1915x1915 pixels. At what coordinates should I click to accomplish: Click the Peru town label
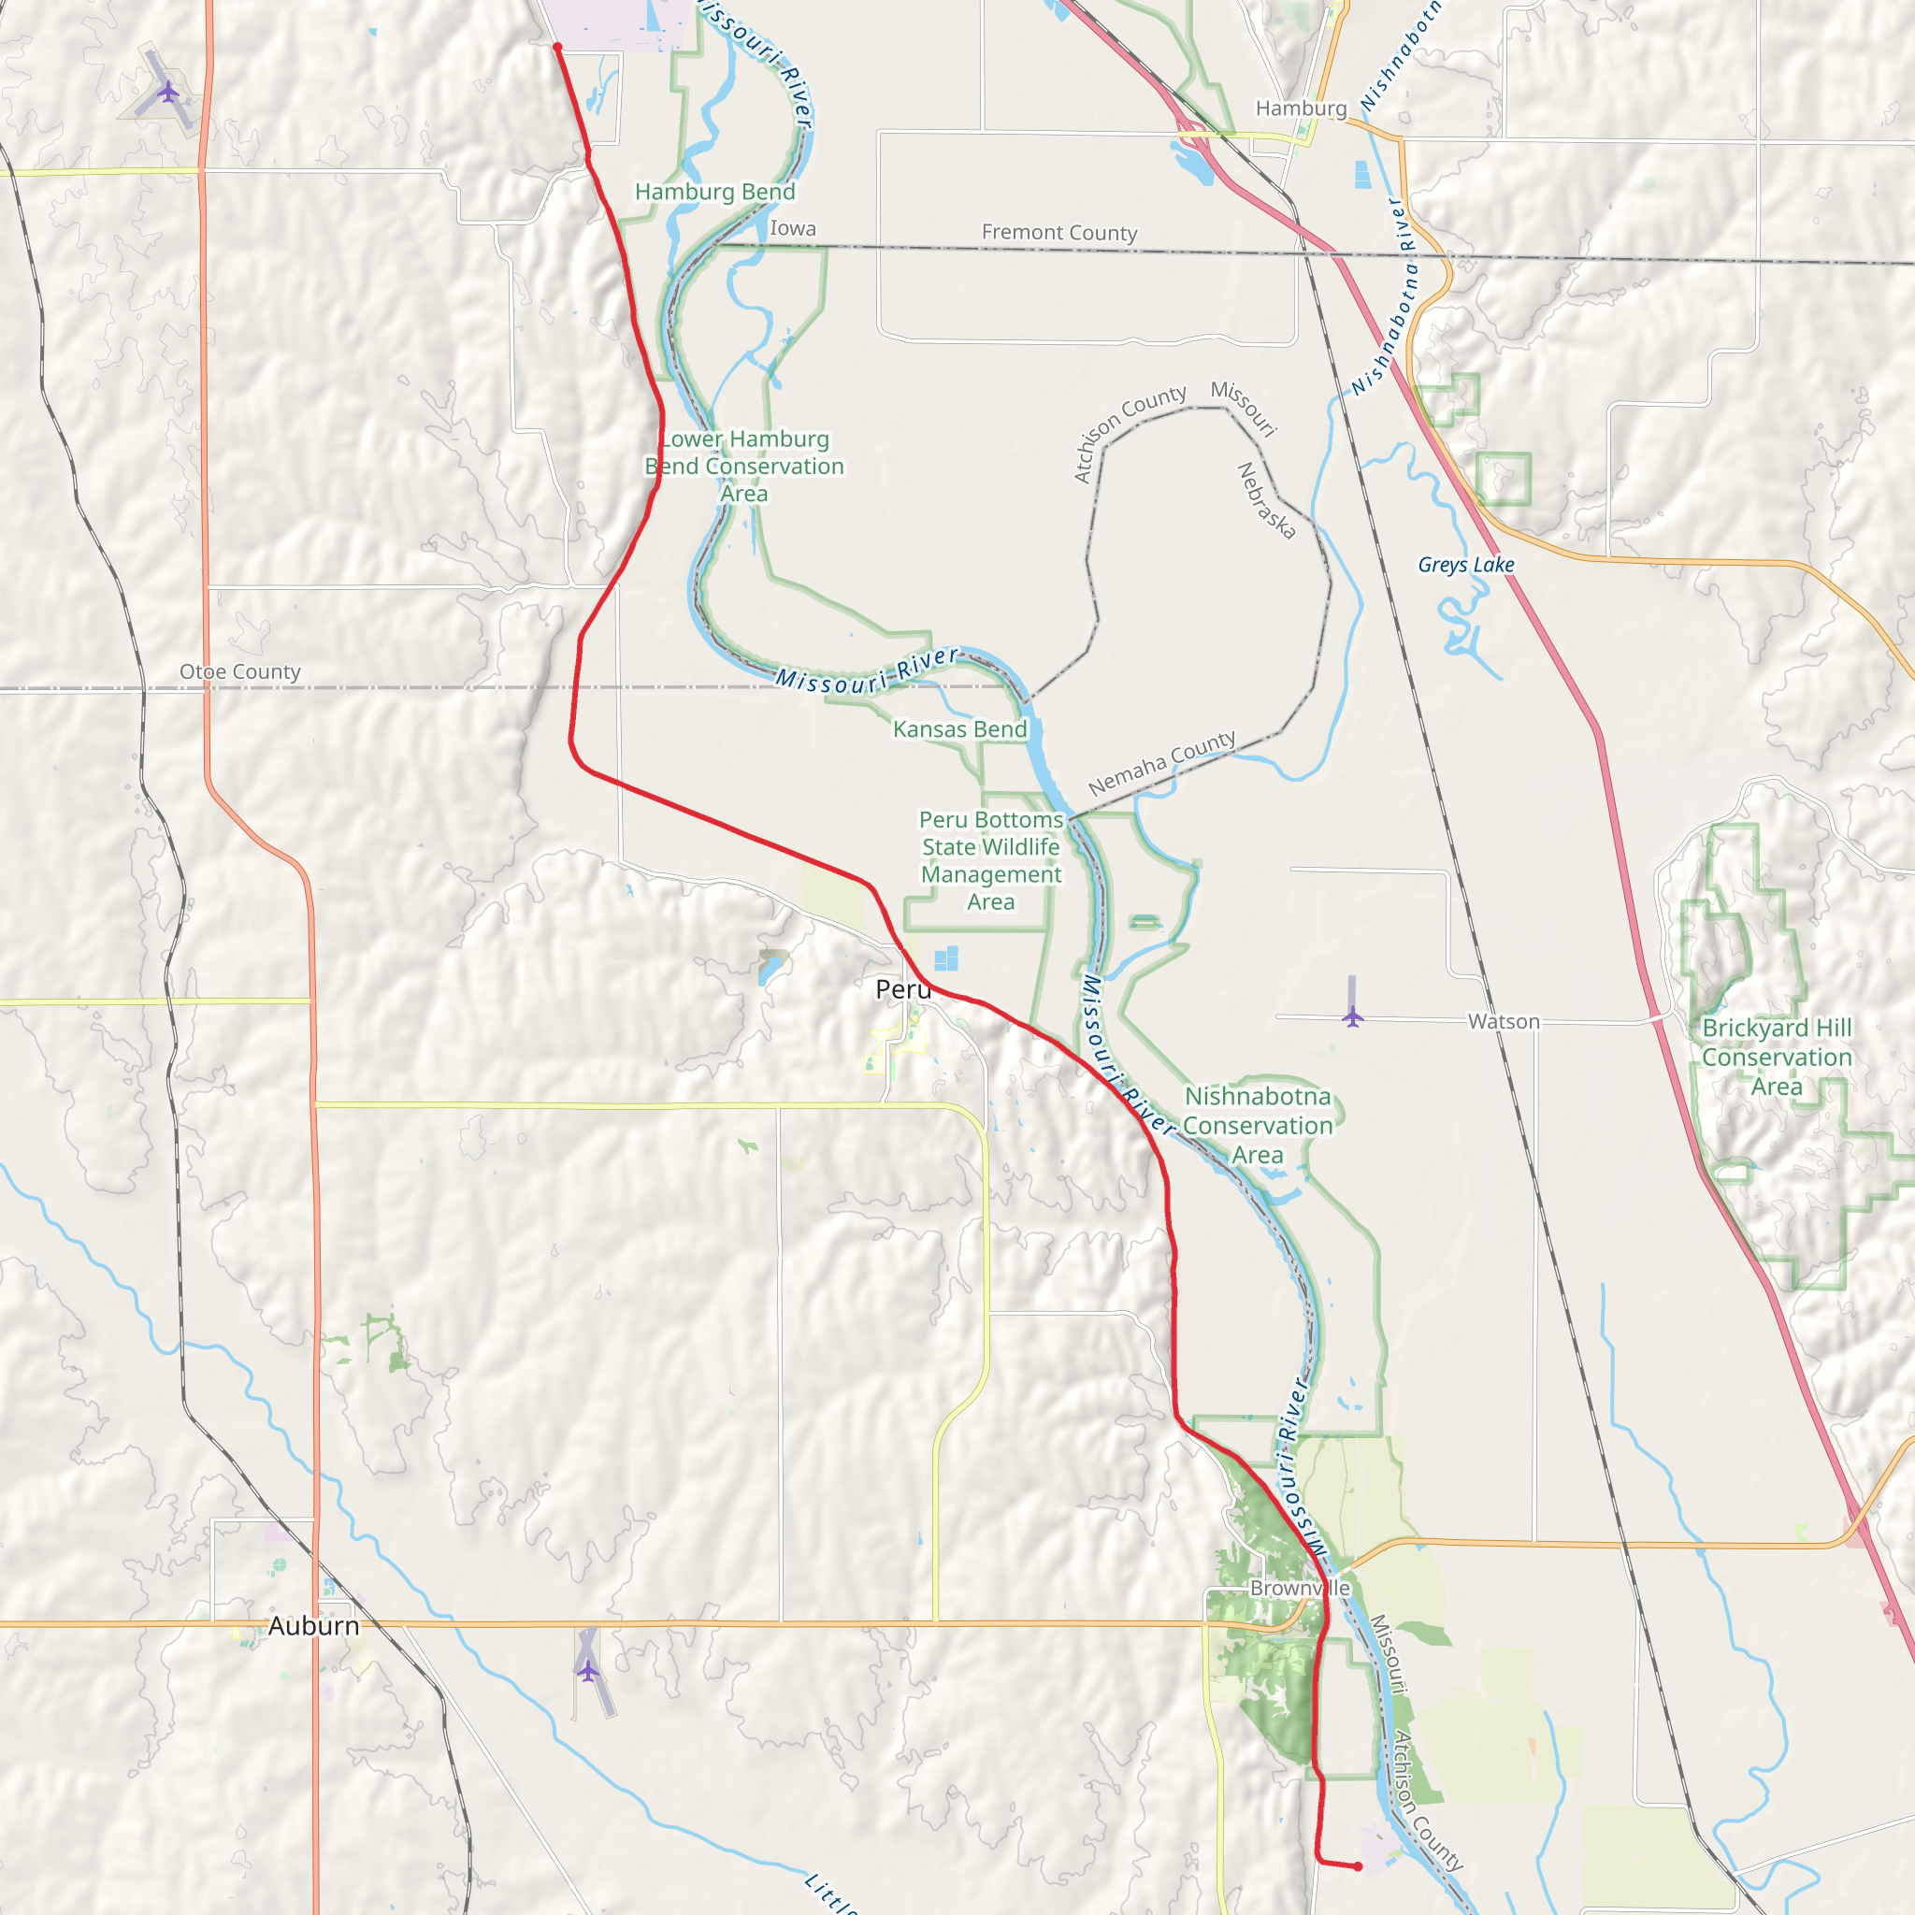click(903, 989)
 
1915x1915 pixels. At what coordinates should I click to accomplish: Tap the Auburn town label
click(313, 1625)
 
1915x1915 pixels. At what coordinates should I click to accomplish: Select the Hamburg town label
click(1301, 108)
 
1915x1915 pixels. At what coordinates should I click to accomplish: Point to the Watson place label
click(1504, 1021)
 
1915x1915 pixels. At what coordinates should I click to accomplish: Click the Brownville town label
click(1300, 1588)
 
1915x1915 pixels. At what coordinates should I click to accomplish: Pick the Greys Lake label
click(1466, 565)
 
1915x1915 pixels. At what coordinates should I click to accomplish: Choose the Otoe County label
click(240, 672)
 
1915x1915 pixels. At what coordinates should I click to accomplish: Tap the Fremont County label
click(1058, 233)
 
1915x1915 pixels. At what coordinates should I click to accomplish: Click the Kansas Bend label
click(959, 729)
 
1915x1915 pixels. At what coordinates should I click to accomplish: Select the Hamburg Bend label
click(714, 193)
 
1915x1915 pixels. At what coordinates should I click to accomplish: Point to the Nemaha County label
click(1161, 762)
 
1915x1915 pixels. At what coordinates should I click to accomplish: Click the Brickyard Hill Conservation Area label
click(1777, 1057)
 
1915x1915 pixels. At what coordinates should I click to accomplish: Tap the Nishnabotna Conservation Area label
click(1257, 1125)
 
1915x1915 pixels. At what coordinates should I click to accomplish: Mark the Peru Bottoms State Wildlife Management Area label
click(990, 860)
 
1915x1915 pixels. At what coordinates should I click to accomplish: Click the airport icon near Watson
click(1352, 1016)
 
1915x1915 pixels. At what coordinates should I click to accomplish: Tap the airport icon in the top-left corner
click(168, 94)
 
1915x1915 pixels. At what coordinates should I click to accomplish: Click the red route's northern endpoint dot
click(558, 47)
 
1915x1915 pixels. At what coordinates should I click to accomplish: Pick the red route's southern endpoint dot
click(1358, 1866)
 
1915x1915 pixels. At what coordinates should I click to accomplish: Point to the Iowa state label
click(793, 229)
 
